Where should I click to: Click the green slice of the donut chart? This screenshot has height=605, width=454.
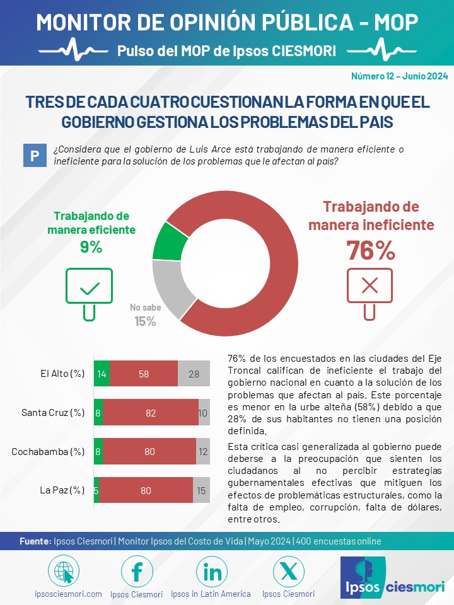(169, 242)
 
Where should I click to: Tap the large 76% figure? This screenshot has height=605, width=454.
(371, 250)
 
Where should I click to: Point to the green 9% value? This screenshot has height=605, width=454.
(91, 247)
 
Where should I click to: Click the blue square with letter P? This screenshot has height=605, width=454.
(35, 156)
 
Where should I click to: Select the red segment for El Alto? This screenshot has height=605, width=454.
(144, 374)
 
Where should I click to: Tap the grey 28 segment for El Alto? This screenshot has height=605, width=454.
(194, 374)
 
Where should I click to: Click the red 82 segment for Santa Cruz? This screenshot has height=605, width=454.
(151, 412)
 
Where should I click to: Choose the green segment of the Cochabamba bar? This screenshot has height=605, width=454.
(98, 451)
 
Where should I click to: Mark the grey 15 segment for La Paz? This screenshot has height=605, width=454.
(201, 490)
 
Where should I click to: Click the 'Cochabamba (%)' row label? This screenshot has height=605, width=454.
(48, 451)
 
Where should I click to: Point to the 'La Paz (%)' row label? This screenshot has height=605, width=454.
(62, 490)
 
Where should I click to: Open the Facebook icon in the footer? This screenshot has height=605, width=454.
(137, 572)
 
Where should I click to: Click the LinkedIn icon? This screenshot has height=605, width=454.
(212, 572)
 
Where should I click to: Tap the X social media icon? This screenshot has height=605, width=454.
(288, 572)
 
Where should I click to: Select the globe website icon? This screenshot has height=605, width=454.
(64, 572)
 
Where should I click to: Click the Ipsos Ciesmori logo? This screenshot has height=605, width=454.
(393, 577)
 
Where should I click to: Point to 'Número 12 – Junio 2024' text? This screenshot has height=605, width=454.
(400, 76)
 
